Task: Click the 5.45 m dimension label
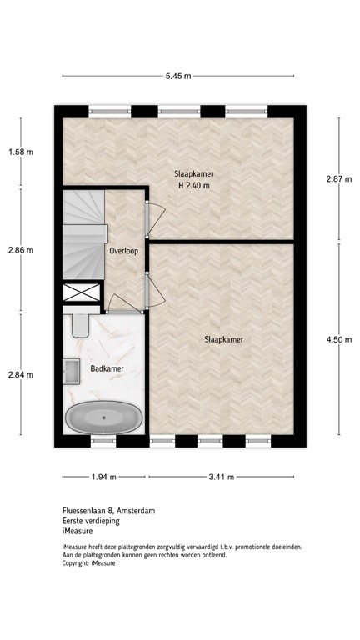tap(178, 76)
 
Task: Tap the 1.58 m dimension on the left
tap(21, 152)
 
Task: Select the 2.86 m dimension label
tap(21, 249)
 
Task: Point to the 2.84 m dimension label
tap(21, 374)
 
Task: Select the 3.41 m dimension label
tap(222, 477)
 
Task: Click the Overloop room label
tap(122, 250)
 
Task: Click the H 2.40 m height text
tap(193, 186)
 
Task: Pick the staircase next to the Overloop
tap(82, 232)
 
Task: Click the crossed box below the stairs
tap(81, 293)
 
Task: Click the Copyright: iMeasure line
tap(89, 563)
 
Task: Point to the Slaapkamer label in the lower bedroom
tap(222, 339)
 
